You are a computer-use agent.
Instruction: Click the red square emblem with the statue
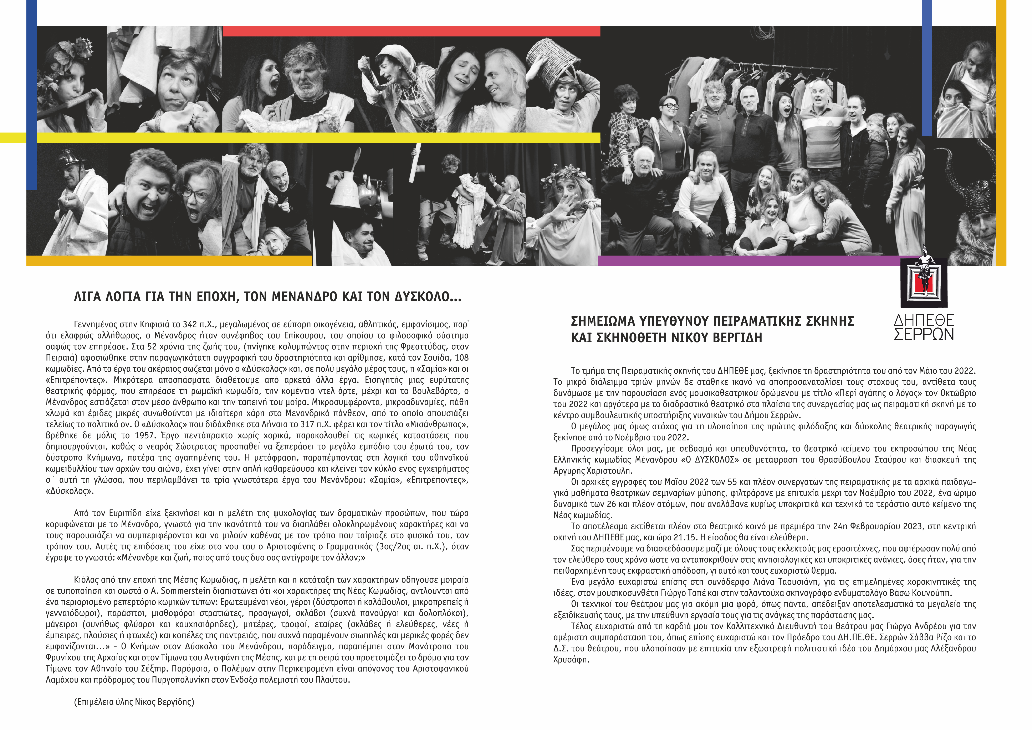(x=924, y=283)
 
